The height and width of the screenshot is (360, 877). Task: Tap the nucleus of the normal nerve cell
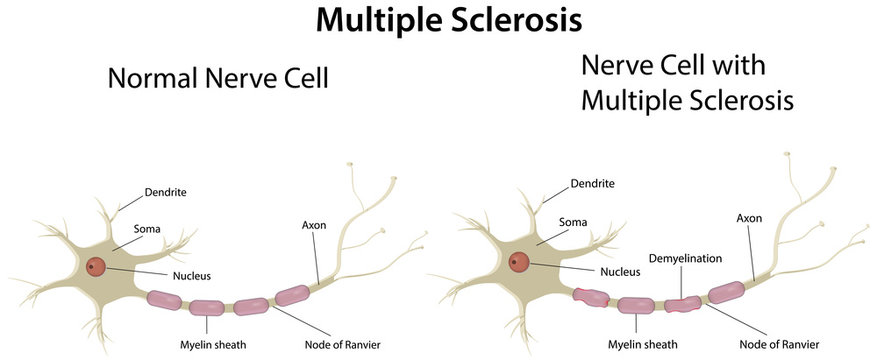pos(96,267)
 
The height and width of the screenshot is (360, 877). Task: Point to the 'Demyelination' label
pos(685,258)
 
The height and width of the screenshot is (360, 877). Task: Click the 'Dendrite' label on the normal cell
pos(166,190)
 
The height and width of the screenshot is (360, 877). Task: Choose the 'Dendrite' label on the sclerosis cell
pos(592,184)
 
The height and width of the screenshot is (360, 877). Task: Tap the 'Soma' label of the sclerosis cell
pos(573,222)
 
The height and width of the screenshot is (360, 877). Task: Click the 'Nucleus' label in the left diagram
pos(190,275)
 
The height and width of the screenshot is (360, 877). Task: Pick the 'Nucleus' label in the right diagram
pos(619,270)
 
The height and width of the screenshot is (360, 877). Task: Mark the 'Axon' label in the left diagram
pos(314,224)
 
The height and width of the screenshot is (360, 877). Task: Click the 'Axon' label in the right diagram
pos(749,217)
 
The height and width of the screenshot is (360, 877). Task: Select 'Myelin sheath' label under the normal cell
pos(207,344)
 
